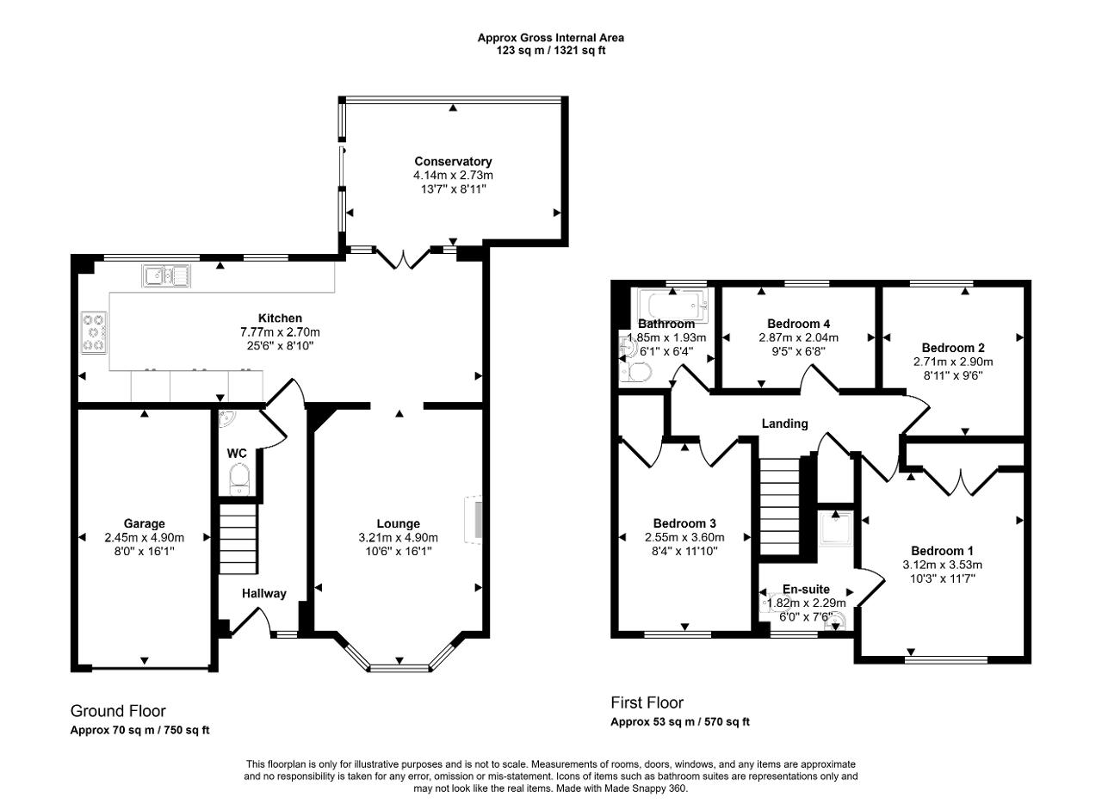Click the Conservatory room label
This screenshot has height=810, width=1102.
point(453,161)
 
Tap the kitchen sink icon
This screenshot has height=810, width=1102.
point(166,275)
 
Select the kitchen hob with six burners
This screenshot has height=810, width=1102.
point(94,332)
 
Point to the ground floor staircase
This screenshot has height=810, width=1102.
point(238,539)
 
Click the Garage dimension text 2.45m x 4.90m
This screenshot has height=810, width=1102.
point(144,537)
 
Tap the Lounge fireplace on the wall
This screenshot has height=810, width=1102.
point(474,520)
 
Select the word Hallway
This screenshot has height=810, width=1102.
point(264,594)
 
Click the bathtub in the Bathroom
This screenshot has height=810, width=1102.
point(673,306)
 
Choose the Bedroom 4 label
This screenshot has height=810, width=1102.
point(798,324)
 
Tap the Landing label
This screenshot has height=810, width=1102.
point(784,424)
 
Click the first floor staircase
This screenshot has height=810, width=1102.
point(780,506)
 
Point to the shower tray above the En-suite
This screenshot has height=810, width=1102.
point(835,529)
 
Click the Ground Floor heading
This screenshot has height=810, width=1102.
point(118,711)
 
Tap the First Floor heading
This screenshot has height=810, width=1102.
point(647,702)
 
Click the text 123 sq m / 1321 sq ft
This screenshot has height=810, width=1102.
point(551,50)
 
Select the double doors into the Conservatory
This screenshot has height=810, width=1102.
point(403,259)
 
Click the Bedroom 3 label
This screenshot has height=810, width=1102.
point(684,523)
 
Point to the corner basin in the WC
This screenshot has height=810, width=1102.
point(226,417)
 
